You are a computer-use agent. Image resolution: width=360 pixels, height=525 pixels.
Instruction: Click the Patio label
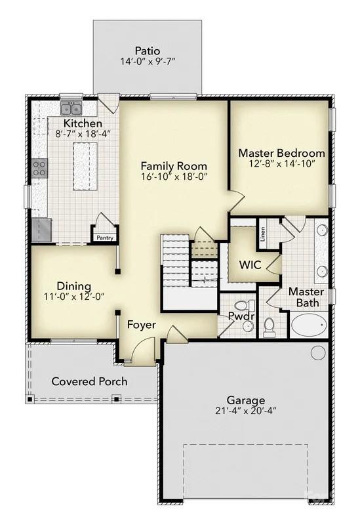148,51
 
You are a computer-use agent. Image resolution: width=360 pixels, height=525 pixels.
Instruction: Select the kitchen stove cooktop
39,168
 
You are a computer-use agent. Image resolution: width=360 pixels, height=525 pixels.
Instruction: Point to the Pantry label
105,238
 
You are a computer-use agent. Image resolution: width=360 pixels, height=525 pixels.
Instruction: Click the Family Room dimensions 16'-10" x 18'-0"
174,177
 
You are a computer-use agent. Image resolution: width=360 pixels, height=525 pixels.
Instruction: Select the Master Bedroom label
281,153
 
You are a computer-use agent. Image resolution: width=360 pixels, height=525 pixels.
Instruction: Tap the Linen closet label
262,234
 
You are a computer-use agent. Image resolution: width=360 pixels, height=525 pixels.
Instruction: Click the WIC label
249,266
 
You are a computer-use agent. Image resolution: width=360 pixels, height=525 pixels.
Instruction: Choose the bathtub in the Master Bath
308,325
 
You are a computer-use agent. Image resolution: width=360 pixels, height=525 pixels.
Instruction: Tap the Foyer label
141,325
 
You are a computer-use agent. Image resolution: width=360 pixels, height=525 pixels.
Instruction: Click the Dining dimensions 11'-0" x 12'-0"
74,297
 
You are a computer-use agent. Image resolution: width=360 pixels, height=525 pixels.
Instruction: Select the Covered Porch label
89,381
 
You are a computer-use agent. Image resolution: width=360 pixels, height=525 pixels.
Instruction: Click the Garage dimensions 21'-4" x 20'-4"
246,411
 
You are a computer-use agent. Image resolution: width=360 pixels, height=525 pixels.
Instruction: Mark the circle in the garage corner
318,352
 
